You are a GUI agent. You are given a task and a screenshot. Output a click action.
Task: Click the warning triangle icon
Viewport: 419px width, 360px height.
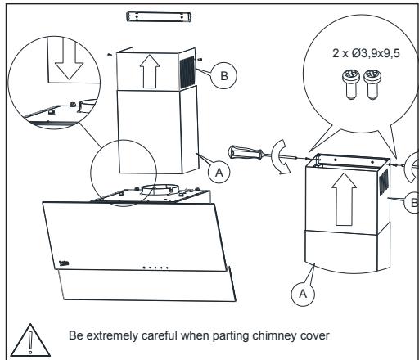point(30,341)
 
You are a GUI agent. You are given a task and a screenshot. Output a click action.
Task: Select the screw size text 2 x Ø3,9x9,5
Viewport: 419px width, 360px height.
point(366,53)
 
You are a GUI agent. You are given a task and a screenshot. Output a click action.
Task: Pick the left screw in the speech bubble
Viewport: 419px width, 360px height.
point(350,84)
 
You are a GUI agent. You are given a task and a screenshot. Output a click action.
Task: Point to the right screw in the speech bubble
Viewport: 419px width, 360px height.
point(372,84)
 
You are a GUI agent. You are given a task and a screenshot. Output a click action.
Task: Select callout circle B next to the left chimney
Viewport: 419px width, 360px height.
point(223,75)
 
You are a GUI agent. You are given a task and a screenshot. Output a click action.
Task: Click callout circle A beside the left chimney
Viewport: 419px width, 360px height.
point(219,173)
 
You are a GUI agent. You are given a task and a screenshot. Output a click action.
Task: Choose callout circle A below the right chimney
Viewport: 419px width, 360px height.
point(303,294)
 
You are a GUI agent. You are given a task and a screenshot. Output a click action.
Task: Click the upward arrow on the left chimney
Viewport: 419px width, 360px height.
point(150,71)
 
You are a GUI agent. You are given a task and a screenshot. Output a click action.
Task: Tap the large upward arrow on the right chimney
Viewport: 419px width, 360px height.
point(345,199)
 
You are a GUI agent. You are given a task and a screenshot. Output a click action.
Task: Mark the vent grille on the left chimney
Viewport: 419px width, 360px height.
point(187,73)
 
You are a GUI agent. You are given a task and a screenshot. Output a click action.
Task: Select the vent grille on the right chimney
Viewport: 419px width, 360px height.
point(384,182)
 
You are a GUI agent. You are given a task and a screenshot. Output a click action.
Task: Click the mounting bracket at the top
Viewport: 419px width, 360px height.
point(159,17)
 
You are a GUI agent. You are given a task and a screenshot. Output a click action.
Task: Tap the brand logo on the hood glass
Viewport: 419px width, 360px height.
point(64,263)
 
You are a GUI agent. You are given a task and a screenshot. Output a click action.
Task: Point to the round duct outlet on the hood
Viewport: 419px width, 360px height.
point(160,189)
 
